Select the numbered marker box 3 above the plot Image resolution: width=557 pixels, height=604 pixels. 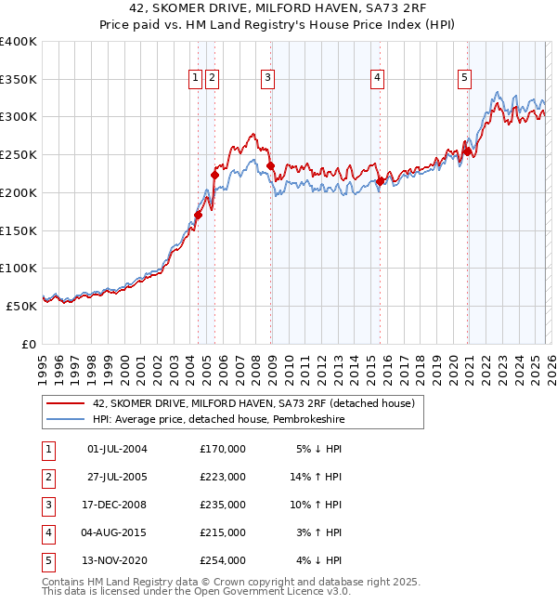pos(267,79)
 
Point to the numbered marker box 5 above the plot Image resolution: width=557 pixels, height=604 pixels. pos(464,79)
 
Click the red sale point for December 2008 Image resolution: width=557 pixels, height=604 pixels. pos(271,166)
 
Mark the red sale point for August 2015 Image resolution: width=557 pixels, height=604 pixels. pos(381,181)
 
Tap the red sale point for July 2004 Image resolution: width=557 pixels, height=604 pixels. pos(198,215)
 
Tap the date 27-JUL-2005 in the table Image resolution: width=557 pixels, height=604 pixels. pos(117,477)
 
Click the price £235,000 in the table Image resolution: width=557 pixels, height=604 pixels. pos(223,505)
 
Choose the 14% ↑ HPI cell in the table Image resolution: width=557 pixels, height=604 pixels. pos(318,477)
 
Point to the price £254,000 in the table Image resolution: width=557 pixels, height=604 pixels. pos(223,560)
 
